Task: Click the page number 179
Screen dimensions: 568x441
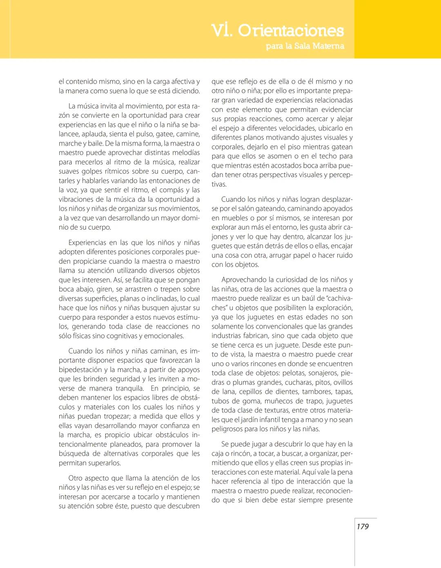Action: pos(362,526)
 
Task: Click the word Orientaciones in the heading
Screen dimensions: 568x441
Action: pos(291,31)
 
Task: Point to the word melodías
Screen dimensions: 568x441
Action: pos(185,153)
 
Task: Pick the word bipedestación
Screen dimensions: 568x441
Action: pos(80,370)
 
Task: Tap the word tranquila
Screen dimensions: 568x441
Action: pos(129,388)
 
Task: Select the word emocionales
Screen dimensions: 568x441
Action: pos(165,336)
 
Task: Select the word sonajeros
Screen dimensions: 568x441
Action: pos(323,373)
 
